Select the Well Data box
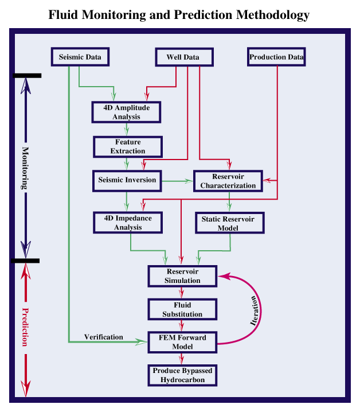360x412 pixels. pyautogui.click(x=183, y=57)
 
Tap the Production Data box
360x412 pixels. pyautogui.click(x=276, y=57)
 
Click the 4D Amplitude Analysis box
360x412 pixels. pyautogui.click(x=127, y=112)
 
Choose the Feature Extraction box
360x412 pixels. pyautogui.click(x=128, y=146)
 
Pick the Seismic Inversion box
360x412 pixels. pyautogui.click(x=127, y=180)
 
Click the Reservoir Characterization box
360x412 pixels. pyautogui.click(x=228, y=181)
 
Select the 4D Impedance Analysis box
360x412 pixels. pyautogui.click(x=127, y=223)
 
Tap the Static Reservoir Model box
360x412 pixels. pyautogui.click(x=230, y=223)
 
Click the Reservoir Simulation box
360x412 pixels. pyautogui.click(x=183, y=276)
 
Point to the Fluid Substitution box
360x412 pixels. pyautogui.click(x=183, y=310)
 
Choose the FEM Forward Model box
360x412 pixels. pyautogui.click(x=183, y=343)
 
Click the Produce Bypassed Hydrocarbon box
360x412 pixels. pyautogui.click(x=183, y=375)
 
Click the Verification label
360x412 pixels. pyautogui.click(x=103, y=337)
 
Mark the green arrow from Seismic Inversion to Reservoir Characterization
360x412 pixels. pyautogui.click(x=178, y=181)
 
